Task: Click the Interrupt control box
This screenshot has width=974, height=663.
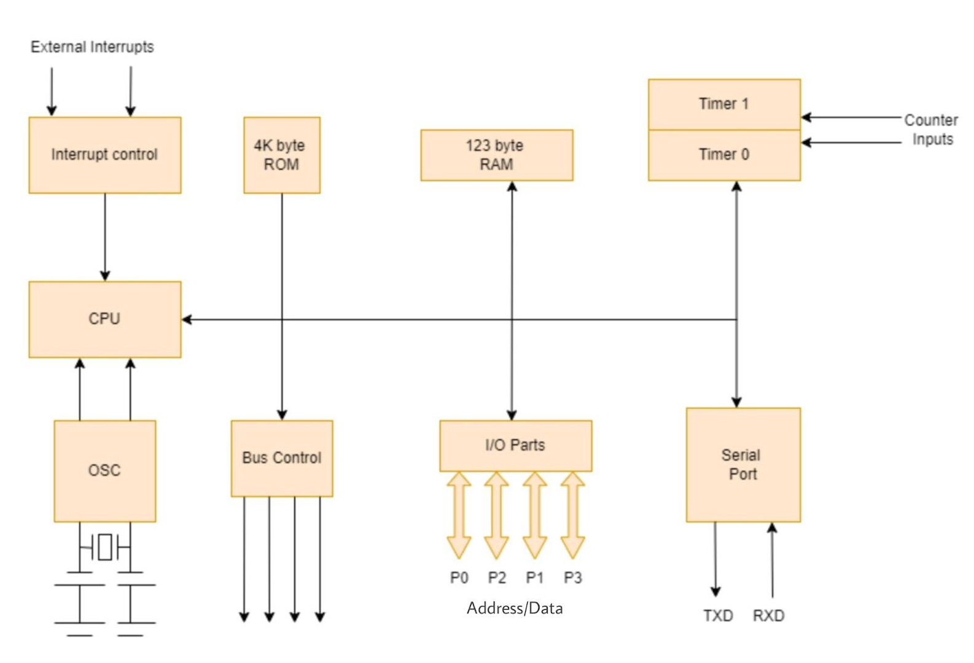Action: [x=104, y=155]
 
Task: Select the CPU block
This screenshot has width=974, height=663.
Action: [x=104, y=319]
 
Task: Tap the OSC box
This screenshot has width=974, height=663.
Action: [x=104, y=471]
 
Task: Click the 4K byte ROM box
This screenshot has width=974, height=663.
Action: [x=281, y=155]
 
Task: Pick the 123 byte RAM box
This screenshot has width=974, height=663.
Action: [x=496, y=155]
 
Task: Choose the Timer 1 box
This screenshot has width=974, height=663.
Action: [x=724, y=104]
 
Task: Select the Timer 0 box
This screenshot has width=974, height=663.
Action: [x=724, y=155]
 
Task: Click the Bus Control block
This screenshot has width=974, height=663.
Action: [x=281, y=458]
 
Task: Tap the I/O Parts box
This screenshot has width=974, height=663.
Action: [x=515, y=445]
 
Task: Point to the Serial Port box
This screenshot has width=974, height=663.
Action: [x=743, y=465]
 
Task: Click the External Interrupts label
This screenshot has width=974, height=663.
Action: [x=92, y=47]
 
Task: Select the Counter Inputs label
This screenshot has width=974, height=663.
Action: [x=931, y=130]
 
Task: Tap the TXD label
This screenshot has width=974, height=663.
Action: [x=718, y=615]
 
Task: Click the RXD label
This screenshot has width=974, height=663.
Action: [x=768, y=615]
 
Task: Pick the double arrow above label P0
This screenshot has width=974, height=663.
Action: [x=459, y=514]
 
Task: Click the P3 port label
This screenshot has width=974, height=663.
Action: [x=572, y=578]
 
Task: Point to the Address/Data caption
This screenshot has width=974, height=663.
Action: [x=515, y=608]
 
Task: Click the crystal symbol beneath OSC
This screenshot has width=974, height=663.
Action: [x=105, y=547]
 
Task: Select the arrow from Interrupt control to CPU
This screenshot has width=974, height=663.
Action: [x=105, y=237]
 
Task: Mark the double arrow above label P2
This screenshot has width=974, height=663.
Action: [x=496, y=514]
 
